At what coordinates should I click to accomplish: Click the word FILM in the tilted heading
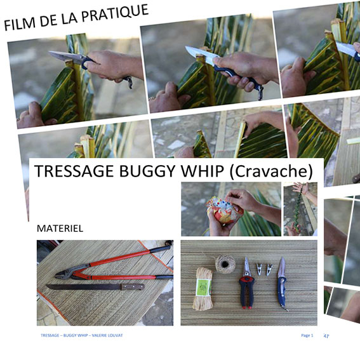[x=20, y=24]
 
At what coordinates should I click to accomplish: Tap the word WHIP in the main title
[x=192, y=171]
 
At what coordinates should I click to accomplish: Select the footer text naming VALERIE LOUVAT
[x=81, y=335]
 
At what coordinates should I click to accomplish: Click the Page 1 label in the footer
[x=307, y=335]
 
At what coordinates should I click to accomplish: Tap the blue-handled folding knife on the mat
[x=282, y=283]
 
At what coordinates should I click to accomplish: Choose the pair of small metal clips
[x=265, y=268]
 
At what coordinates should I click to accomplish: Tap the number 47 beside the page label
[x=326, y=335]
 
